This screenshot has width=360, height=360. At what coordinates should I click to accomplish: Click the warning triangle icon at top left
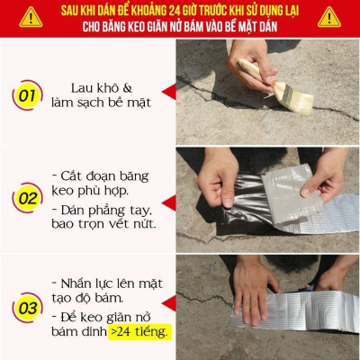pos(30,17)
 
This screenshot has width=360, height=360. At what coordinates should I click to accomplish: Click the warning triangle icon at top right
pos(329,17)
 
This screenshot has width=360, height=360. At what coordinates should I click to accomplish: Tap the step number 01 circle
pos(28,94)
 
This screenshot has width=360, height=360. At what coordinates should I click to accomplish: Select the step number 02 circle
pos(28,198)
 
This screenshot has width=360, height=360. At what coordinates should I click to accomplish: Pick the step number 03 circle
pos(28,307)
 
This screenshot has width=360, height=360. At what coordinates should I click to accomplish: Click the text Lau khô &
pos(102,88)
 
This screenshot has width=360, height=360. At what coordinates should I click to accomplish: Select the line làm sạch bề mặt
pos(102,104)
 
